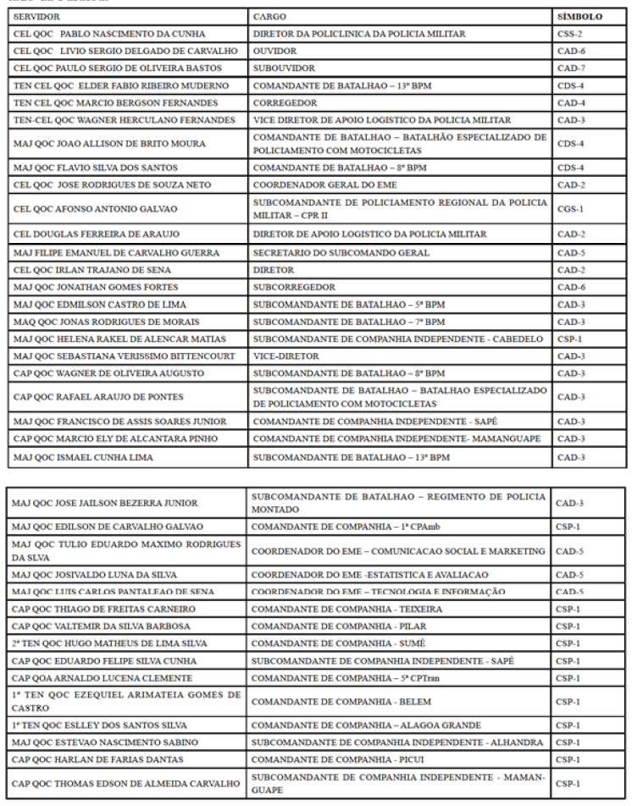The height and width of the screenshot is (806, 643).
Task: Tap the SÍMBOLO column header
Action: (x=579, y=17)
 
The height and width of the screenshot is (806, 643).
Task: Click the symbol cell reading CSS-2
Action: (x=568, y=34)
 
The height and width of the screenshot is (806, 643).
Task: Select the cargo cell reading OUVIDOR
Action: (x=273, y=51)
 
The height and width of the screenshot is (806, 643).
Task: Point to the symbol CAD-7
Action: (x=569, y=68)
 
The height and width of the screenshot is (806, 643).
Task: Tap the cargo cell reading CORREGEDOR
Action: (x=285, y=102)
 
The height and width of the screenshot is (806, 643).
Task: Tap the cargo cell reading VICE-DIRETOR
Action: (x=285, y=356)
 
